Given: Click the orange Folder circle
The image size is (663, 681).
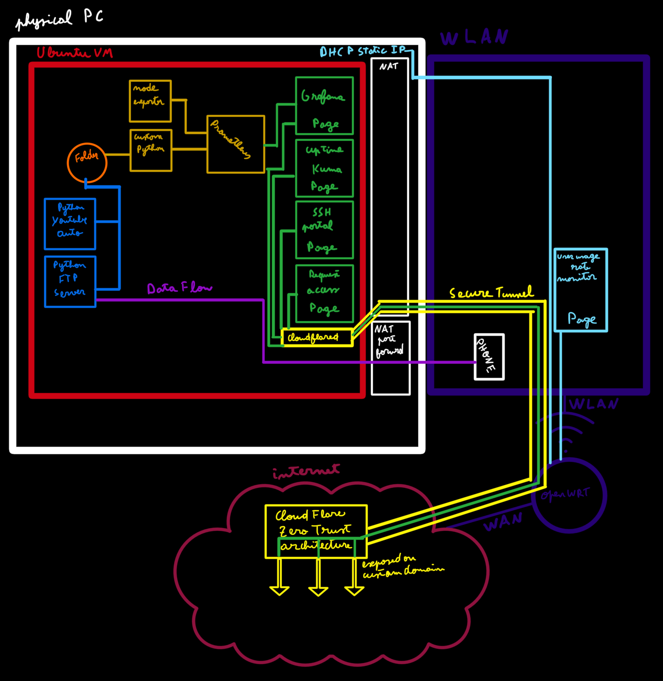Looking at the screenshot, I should [x=87, y=163].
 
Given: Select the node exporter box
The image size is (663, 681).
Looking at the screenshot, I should [x=150, y=101].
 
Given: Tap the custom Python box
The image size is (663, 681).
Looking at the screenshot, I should [x=151, y=150].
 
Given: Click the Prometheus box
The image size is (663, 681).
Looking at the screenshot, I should [x=235, y=144].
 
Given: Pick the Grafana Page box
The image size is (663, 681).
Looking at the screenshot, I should [x=324, y=106].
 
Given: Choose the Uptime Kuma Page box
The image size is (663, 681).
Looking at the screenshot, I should [x=324, y=168].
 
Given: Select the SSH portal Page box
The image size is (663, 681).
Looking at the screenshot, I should [x=324, y=230].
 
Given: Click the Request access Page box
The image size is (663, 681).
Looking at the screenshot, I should [x=324, y=293].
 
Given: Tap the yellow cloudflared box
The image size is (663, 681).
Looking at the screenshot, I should [x=316, y=338].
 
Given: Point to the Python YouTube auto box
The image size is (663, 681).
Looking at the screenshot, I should [x=70, y=224].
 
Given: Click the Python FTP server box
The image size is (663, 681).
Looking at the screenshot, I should [x=70, y=282].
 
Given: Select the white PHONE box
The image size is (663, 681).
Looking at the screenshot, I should [x=489, y=357].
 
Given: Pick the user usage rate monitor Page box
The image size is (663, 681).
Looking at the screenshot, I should [x=581, y=290].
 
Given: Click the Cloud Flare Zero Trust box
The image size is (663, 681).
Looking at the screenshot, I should [x=316, y=531].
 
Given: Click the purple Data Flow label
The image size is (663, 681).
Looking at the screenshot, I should [x=179, y=288].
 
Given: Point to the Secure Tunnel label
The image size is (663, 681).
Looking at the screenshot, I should [x=491, y=293].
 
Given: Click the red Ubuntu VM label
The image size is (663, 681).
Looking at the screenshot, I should [x=75, y=53].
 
